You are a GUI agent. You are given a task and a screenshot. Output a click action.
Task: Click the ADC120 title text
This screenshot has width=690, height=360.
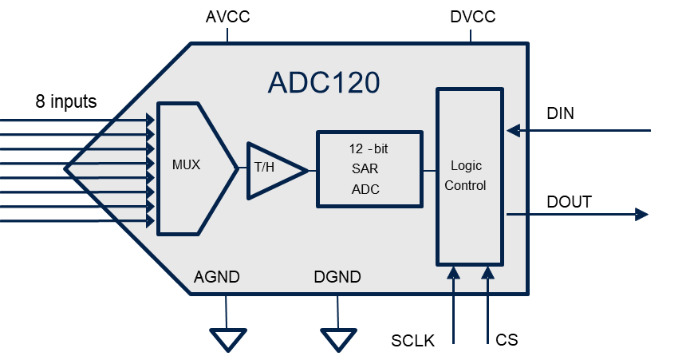click(323, 83)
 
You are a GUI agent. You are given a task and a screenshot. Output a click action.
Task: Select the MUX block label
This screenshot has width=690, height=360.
click(186, 165)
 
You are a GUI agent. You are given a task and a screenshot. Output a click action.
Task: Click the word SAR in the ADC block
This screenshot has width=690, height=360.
click(365, 169)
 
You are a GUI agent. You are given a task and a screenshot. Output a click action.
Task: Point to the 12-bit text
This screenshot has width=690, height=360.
click(369, 148)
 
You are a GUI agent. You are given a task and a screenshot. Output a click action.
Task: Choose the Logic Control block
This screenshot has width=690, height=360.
click(469, 176)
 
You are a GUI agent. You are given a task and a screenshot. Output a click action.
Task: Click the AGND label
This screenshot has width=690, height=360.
click(216, 278)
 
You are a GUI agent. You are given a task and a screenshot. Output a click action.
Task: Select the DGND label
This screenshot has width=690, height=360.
click(337, 278)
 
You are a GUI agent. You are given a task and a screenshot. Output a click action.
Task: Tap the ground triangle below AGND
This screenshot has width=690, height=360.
click(226, 339)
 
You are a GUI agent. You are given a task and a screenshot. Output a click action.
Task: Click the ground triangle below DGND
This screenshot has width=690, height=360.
click(337, 339)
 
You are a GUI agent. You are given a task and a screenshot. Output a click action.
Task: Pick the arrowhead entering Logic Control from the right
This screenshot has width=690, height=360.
click(514, 130)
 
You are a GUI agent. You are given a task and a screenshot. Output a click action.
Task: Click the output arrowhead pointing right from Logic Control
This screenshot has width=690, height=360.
click(641, 214)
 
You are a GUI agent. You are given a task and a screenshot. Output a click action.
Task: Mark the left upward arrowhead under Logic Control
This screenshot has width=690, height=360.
click(454, 273)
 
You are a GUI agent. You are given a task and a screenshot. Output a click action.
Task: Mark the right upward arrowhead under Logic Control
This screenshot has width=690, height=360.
click(487, 273)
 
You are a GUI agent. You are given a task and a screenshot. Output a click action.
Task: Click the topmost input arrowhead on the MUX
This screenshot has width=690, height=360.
click(150, 120)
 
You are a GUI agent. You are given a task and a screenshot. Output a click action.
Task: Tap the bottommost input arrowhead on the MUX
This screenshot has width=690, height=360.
click(150, 221)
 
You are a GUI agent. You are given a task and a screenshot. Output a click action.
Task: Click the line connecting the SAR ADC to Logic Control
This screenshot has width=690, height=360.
click(429, 170)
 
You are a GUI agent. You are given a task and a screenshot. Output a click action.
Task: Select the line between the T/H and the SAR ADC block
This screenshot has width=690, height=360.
click(312, 170)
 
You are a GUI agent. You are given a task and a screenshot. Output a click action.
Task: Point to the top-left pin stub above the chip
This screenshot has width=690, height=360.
click(227, 35)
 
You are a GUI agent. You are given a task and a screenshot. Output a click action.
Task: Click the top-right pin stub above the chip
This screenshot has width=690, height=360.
click(470, 35)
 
